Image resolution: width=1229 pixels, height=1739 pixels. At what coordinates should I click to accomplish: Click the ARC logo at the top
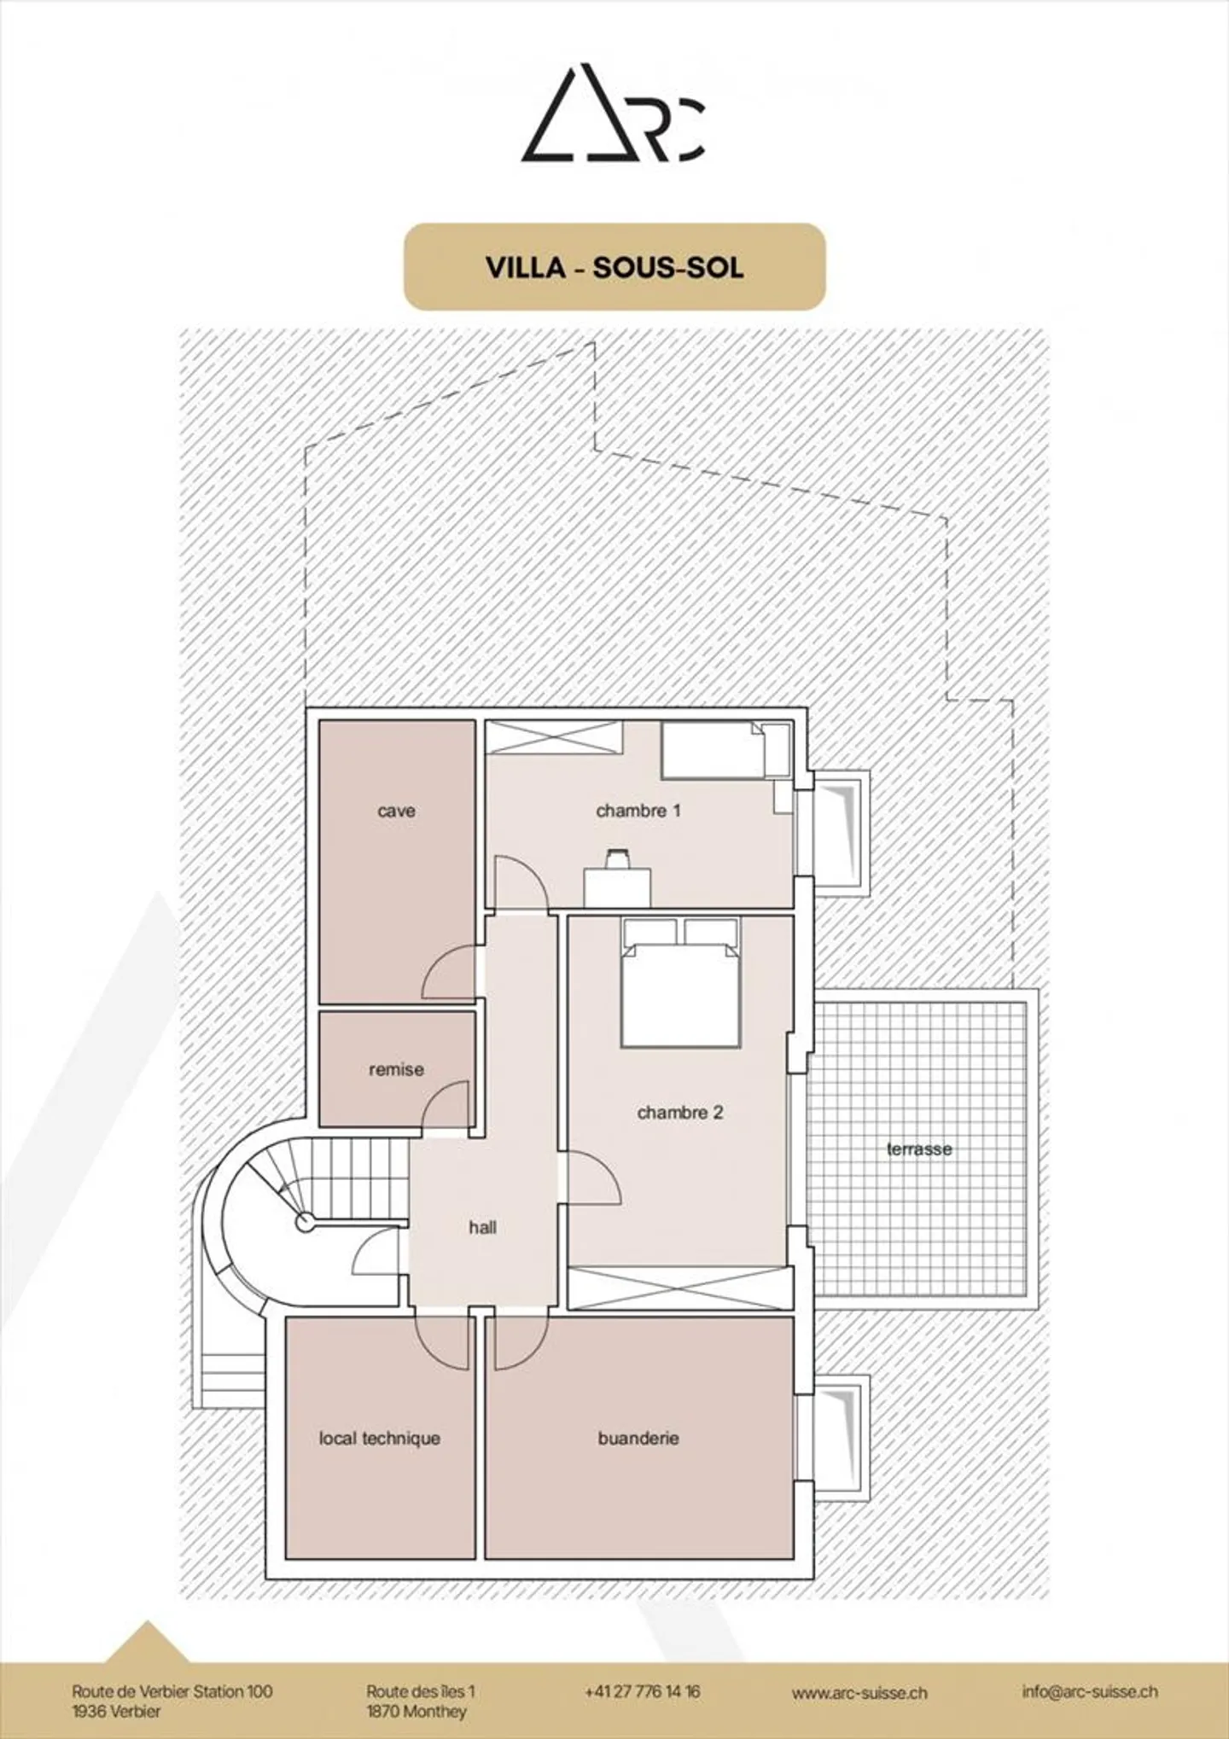coord(613,113)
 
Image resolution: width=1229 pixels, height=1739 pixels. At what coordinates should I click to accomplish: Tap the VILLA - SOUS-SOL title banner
coord(614,267)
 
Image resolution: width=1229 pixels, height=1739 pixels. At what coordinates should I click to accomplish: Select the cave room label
coord(396,811)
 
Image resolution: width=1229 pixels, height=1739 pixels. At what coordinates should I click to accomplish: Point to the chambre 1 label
coord(638,811)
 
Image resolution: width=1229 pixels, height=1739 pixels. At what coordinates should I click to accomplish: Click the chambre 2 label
coord(679,1113)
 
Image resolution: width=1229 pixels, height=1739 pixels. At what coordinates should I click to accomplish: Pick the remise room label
coord(396,1069)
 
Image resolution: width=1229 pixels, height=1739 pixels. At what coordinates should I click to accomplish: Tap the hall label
coord(482,1227)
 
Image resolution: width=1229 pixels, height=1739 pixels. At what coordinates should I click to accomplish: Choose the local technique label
coord(380,1438)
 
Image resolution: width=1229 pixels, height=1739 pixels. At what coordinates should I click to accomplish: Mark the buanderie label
coord(638,1438)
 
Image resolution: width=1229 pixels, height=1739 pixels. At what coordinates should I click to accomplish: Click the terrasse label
coord(919,1149)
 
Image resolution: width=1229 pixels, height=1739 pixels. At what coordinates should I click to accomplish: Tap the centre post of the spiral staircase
coord(304,1223)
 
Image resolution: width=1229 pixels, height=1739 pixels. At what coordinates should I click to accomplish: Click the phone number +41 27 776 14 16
coord(642,1691)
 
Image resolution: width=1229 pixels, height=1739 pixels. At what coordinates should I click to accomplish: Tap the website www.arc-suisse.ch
coord(859,1693)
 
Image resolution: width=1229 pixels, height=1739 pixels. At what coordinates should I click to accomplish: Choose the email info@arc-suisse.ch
coord(1089,1691)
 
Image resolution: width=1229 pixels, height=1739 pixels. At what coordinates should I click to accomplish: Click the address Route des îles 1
coord(421,1691)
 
